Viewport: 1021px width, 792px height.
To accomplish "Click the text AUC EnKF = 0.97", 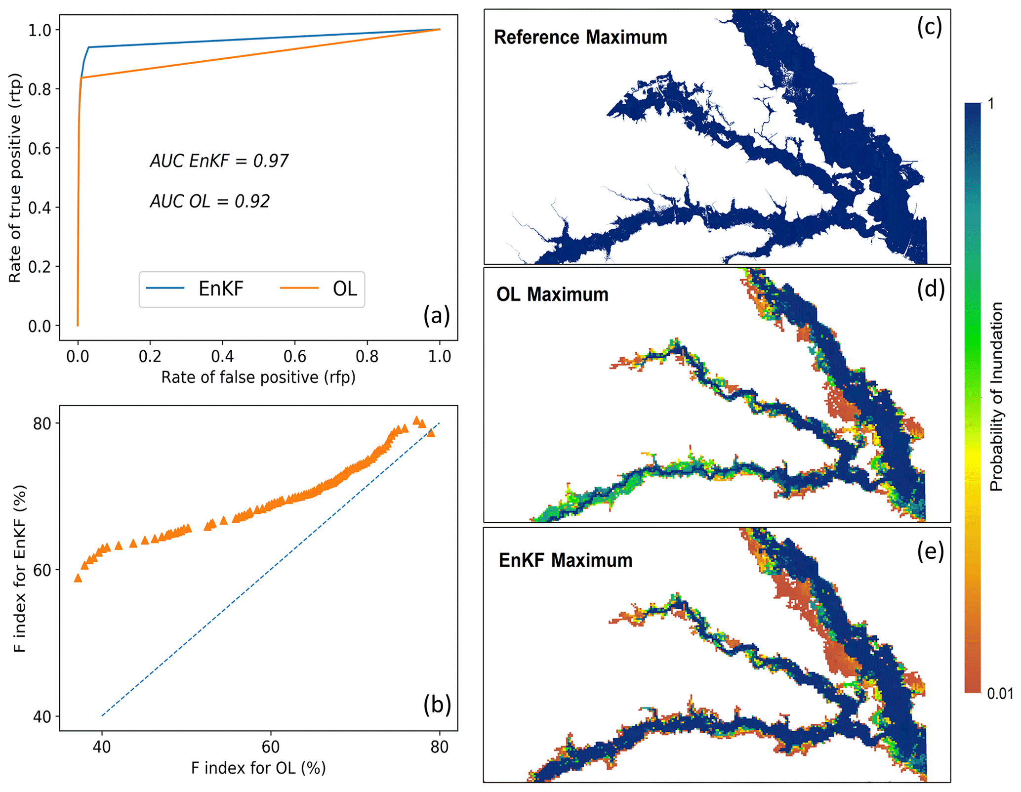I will click(219, 161).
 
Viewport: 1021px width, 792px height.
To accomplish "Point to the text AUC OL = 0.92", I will click(209, 202).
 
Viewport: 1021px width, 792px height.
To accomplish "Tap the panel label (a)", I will click(436, 316).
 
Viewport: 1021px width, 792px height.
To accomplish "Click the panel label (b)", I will click(437, 705).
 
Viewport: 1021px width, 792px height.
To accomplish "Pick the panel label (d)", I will click(930, 289).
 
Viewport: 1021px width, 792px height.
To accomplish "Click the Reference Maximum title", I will click(580, 38).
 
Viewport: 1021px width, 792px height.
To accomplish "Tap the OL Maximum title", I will click(552, 294).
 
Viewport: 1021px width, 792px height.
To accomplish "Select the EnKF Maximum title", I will click(565, 560).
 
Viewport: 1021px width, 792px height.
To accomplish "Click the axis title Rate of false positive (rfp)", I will click(258, 377).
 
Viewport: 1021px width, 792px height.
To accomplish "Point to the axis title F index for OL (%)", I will click(258, 768).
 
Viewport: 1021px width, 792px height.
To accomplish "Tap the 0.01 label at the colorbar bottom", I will click(1000, 694).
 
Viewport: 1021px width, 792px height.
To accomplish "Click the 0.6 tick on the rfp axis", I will click(295, 356).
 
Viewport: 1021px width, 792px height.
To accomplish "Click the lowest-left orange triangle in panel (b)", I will click(78, 578).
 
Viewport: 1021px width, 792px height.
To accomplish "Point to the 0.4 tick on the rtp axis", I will click(40, 208).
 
